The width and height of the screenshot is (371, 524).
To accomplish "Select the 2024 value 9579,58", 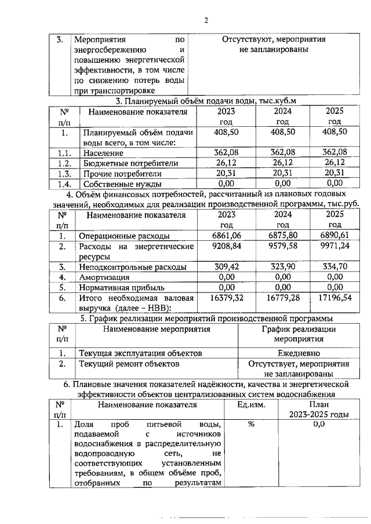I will click(282, 247).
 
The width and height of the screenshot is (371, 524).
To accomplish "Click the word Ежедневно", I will click(298, 353).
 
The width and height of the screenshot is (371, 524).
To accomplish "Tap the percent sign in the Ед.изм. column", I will click(251, 424).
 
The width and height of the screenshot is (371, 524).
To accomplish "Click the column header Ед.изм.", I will click(251, 405).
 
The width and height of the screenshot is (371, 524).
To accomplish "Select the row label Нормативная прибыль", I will click(119, 287).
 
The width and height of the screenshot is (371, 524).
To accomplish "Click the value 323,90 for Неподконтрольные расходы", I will click(282, 267).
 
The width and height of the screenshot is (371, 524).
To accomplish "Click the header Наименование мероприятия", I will click(157, 329).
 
